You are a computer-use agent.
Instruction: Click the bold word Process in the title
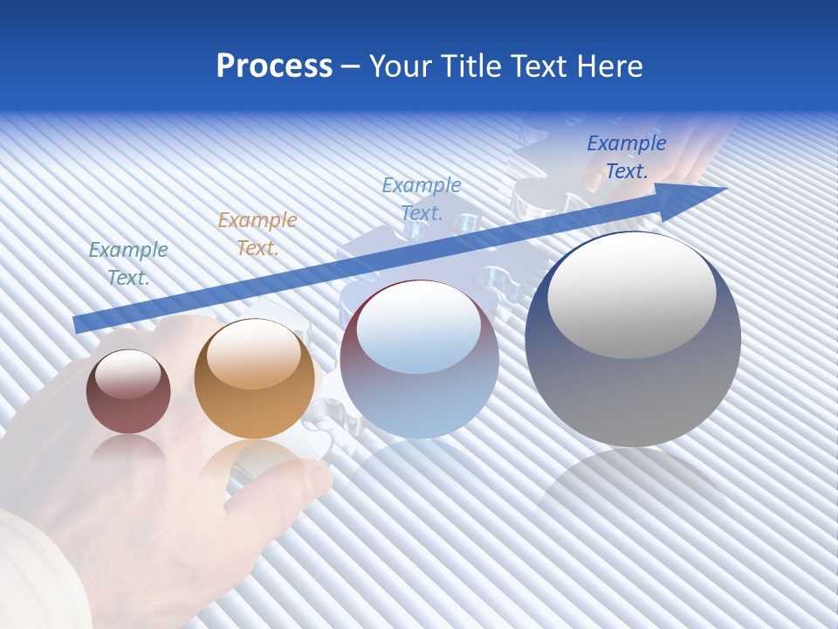point(274,66)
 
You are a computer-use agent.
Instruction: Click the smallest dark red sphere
point(128,391)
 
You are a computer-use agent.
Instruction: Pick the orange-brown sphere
point(254,379)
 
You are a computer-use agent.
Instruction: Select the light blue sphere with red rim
point(419,359)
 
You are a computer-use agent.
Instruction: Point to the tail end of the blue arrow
point(77,324)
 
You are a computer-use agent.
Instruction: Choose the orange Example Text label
point(258,234)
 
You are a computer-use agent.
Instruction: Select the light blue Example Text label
point(422,199)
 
